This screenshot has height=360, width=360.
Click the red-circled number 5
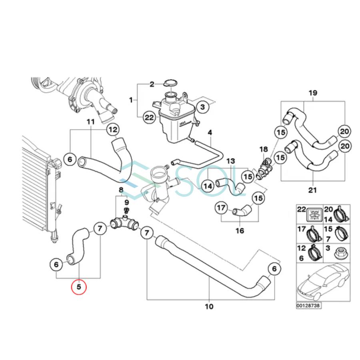[x=78, y=287]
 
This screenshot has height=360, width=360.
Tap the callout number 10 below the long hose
[x=209, y=307]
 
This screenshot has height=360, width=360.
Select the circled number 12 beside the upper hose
[x=113, y=130]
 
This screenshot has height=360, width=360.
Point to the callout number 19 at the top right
[x=313, y=93]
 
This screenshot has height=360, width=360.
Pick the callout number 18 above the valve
[x=263, y=149]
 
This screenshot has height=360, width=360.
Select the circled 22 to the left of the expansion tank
[x=149, y=117]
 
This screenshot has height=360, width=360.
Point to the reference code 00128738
[x=309, y=305]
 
